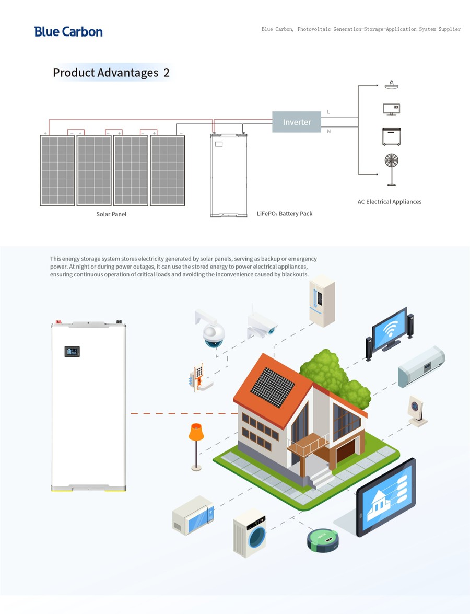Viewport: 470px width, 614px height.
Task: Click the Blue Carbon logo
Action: click(68, 32)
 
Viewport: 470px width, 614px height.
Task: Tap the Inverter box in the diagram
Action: click(297, 122)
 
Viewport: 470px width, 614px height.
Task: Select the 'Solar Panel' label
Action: click(112, 214)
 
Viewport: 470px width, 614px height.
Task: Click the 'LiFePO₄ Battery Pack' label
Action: click(285, 213)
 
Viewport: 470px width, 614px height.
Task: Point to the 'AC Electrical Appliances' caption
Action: click(390, 202)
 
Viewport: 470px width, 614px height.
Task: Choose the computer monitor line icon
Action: click(391, 109)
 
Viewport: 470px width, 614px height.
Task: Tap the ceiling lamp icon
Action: click(391, 85)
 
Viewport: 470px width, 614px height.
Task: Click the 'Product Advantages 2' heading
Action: click(111, 73)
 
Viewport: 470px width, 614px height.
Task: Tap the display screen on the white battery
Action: click(72, 351)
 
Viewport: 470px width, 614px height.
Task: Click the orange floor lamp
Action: click(196, 447)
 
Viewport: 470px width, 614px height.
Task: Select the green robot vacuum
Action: click(323, 540)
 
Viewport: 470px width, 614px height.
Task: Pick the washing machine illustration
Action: click(250, 533)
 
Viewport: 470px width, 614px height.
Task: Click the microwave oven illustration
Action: click(193, 515)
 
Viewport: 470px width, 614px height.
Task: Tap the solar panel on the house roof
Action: click(273, 387)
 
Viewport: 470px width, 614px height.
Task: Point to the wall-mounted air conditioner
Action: click(421, 366)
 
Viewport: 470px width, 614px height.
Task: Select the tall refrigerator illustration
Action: click(322, 301)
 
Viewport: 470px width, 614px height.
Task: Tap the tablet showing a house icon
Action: click(386, 496)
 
